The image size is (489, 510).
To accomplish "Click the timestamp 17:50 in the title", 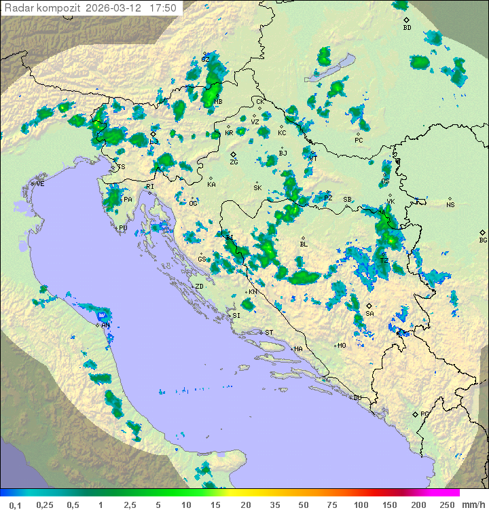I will [163, 8].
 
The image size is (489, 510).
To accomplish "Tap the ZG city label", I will [234, 162].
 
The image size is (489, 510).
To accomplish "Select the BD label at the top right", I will [407, 28].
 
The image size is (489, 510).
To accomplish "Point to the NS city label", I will [450, 205].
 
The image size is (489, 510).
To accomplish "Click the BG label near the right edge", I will [483, 240].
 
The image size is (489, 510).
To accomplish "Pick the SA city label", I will [369, 314].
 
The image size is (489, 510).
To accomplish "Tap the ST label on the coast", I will [269, 333].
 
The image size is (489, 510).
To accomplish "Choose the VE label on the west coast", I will [40, 184].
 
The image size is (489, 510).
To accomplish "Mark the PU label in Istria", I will [123, 228].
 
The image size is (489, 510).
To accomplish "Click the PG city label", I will [424, 414].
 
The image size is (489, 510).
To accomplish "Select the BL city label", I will [304, 244].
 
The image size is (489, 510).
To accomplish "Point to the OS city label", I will [385, 181].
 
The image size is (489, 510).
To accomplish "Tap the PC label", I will [359, 141].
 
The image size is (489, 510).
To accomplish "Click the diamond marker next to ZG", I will [232, 155].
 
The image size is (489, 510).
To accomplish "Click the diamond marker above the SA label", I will [369, 306].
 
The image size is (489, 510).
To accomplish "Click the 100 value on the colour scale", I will [361, 505].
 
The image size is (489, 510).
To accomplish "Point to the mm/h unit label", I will [471, 505].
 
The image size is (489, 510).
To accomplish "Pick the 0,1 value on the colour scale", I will [15, 505].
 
